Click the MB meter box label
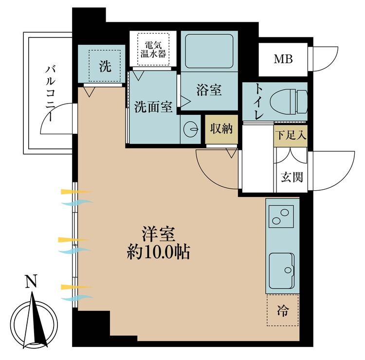click(x=283, y=59)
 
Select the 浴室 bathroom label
click(x=209, y=90)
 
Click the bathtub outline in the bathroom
click(x=209, y=51)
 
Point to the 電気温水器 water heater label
click(x=153, y=49)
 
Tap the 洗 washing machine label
click(x=105, y=66)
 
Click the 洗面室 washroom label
click(x=153, y=107)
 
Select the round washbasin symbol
click(x=191, y=129)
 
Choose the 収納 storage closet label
click(x=221, y=129)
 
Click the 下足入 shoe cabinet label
click(x=291, y=135)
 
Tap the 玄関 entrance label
click(x=292, y=177)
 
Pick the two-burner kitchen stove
click(x=281, y=216)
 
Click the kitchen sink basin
click(x=281, y=271)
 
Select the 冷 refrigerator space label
click(x=283, y=310)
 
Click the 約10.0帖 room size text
click(x=159, y=252)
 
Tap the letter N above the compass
click(x=31, y=281)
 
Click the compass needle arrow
click(x=35, y=321)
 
